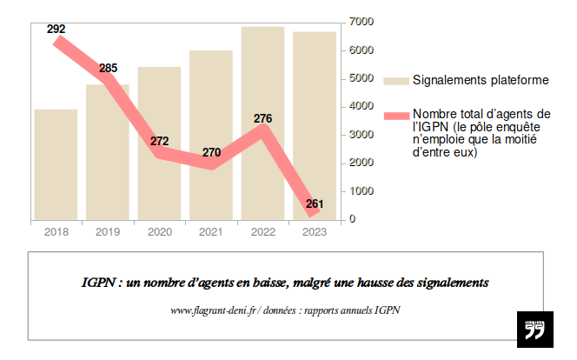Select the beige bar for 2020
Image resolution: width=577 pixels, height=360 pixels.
(159, 143)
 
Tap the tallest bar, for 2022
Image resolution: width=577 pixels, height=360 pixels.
(262, 123)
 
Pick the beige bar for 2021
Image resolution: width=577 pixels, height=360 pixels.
(211, 135)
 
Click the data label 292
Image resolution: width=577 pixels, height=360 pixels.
(56, 30)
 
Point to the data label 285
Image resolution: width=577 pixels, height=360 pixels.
(109, 68)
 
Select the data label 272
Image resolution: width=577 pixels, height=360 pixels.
(159, 141)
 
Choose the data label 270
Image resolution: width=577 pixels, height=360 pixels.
(211, 152)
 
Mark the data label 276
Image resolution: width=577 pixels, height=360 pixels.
(263, 118)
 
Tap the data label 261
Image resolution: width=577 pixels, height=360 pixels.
(315, 204)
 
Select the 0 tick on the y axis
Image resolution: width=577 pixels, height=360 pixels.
(351, 219)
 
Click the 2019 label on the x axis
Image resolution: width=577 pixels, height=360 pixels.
(108, 232)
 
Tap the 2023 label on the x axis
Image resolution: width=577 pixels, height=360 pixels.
(315, 232)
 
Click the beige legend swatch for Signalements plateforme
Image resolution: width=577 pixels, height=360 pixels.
(395, 81)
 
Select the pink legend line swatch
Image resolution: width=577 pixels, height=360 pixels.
(395, 115)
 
